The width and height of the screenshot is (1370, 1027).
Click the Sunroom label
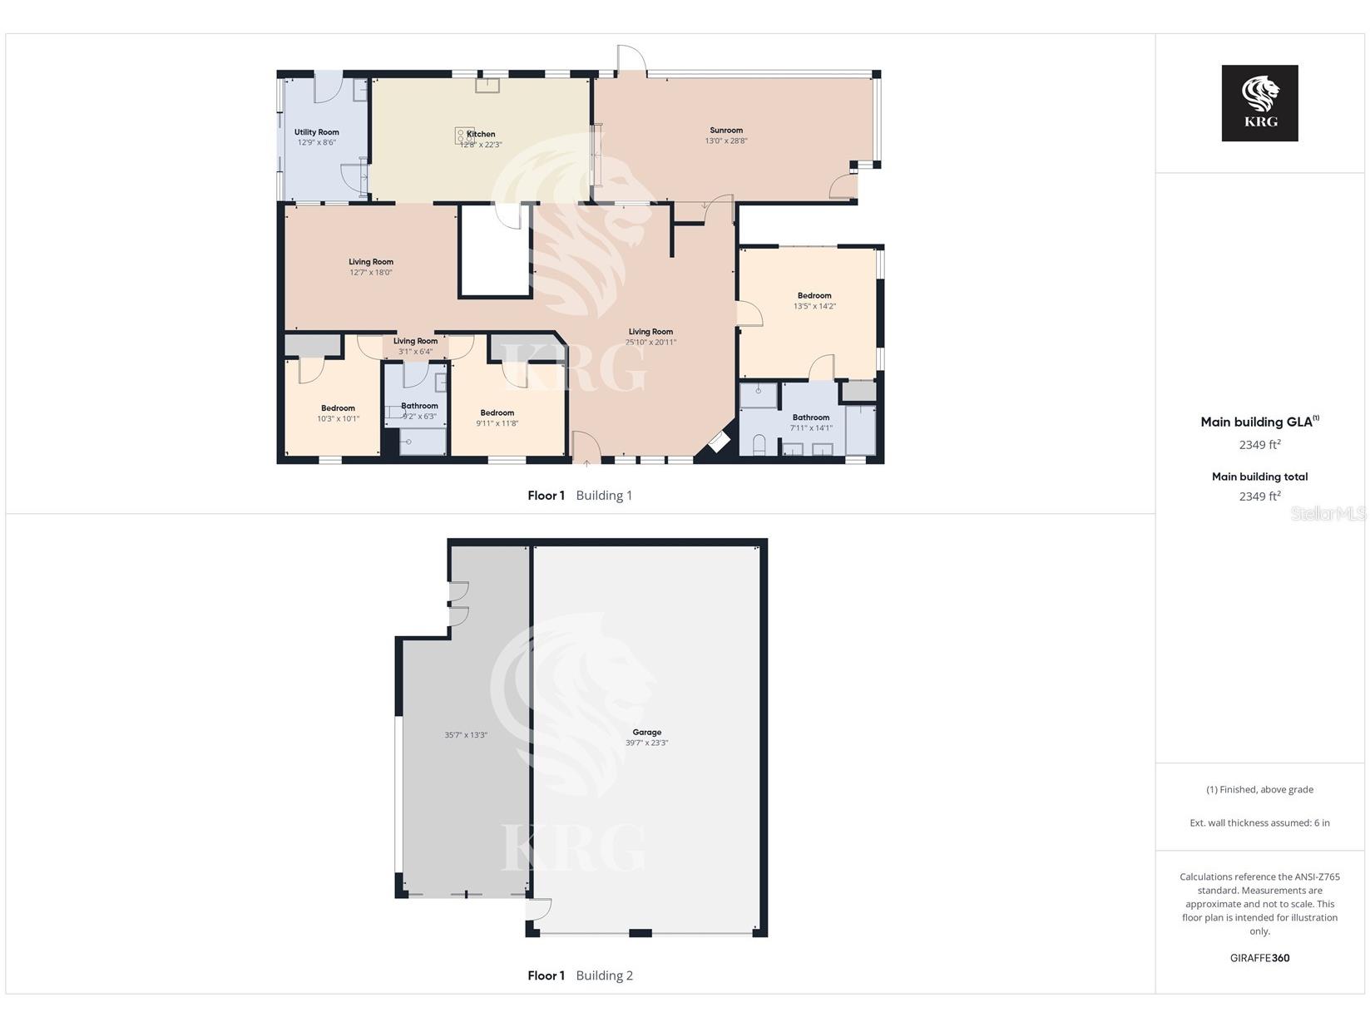tap(726, 131)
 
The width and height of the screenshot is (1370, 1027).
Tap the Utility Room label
tap(316, 132)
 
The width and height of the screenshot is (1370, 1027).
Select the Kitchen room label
tap(481, 134)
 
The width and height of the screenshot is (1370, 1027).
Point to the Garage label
tap(646, 732)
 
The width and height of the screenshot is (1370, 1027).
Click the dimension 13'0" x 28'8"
tap(726, 141)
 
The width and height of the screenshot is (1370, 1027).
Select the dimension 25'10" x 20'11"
tap(650, 342)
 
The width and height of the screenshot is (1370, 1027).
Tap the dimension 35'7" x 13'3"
tap(466, 735)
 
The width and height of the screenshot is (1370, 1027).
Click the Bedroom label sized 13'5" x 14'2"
tap(814, 296)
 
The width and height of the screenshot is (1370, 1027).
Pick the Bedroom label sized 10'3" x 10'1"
tap(338, 408)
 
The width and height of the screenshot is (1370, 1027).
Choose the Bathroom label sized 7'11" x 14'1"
tap(811, 417)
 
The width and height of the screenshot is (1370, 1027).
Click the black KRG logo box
tap(1259, 103)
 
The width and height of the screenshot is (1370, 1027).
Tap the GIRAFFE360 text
tap(1259, 958)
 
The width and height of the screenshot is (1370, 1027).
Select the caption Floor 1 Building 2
tap(580, 975)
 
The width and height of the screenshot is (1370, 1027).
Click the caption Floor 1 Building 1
tap(580, 496)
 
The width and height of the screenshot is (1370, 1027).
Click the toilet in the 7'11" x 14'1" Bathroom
tap(759, 445)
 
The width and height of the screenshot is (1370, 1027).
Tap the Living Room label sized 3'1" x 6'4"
tap(415, 341)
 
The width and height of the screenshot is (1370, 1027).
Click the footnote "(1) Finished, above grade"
tap(1259, 789)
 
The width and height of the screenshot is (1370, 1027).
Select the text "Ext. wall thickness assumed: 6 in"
tap(1259, 823)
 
